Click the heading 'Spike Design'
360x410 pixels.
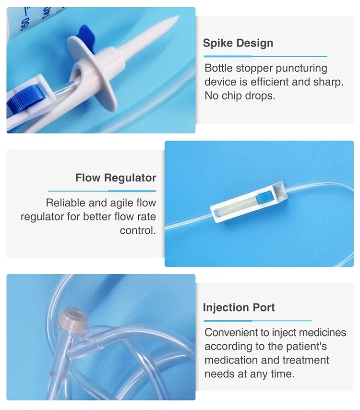pyautogui.click(x=238, y=43)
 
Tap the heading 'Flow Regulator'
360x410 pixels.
pyautogui.click(x=116, y=178)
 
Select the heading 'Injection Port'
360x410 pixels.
pyautogui.click(x=239, y=307)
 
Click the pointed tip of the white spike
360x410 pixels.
pyautogui.click(x=178, y=17)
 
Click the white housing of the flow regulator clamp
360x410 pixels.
pyautogui.click(x=248, y=202)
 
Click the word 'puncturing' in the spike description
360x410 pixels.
pyautogui.click(x=301, y=69)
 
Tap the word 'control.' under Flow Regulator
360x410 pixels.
pyautogui.click(x=138, y=230)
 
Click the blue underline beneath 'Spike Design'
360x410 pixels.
pyautogui.click(x=265, y=56)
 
